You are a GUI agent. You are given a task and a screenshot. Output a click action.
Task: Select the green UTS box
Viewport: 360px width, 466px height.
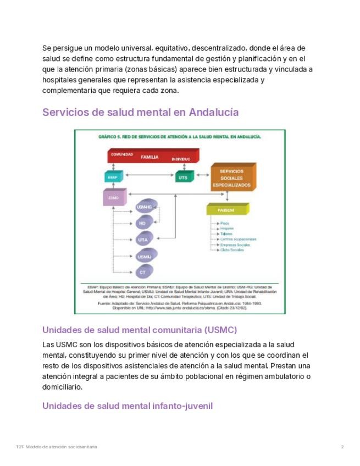(x=184, y=177)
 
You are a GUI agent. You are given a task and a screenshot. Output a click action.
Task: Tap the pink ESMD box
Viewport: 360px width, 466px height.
(x=114, y=198)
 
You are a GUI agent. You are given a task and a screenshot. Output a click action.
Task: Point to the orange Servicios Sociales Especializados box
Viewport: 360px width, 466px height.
(x=231, y=178)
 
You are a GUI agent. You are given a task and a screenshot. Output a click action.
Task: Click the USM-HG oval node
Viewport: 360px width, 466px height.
(x=143, y=207)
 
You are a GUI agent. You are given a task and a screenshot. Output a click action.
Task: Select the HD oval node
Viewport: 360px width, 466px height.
(x=142, y=223)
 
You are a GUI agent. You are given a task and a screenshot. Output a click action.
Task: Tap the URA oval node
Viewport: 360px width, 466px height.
(x=143, y=240)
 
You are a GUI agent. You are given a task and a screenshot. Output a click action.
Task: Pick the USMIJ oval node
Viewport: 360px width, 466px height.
(x=144, y=256)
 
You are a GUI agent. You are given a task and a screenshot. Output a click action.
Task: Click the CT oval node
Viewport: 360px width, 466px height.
(x=143, y=272)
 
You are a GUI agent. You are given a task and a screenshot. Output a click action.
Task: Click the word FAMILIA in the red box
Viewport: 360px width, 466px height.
(x=149, y=157)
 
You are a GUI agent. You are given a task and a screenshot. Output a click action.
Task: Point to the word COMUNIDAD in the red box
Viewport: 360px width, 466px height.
(x=122, y=154)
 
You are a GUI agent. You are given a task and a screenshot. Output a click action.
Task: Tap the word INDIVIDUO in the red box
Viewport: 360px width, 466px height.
(x=181, y=159)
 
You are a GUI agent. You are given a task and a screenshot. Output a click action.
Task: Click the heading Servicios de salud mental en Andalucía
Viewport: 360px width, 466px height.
(x=140, y=112)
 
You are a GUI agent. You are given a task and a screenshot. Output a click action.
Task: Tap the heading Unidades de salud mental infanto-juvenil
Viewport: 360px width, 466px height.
(x=127, y=406)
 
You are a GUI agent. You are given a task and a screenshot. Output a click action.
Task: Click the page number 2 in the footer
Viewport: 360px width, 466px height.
(x=342, y=447)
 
